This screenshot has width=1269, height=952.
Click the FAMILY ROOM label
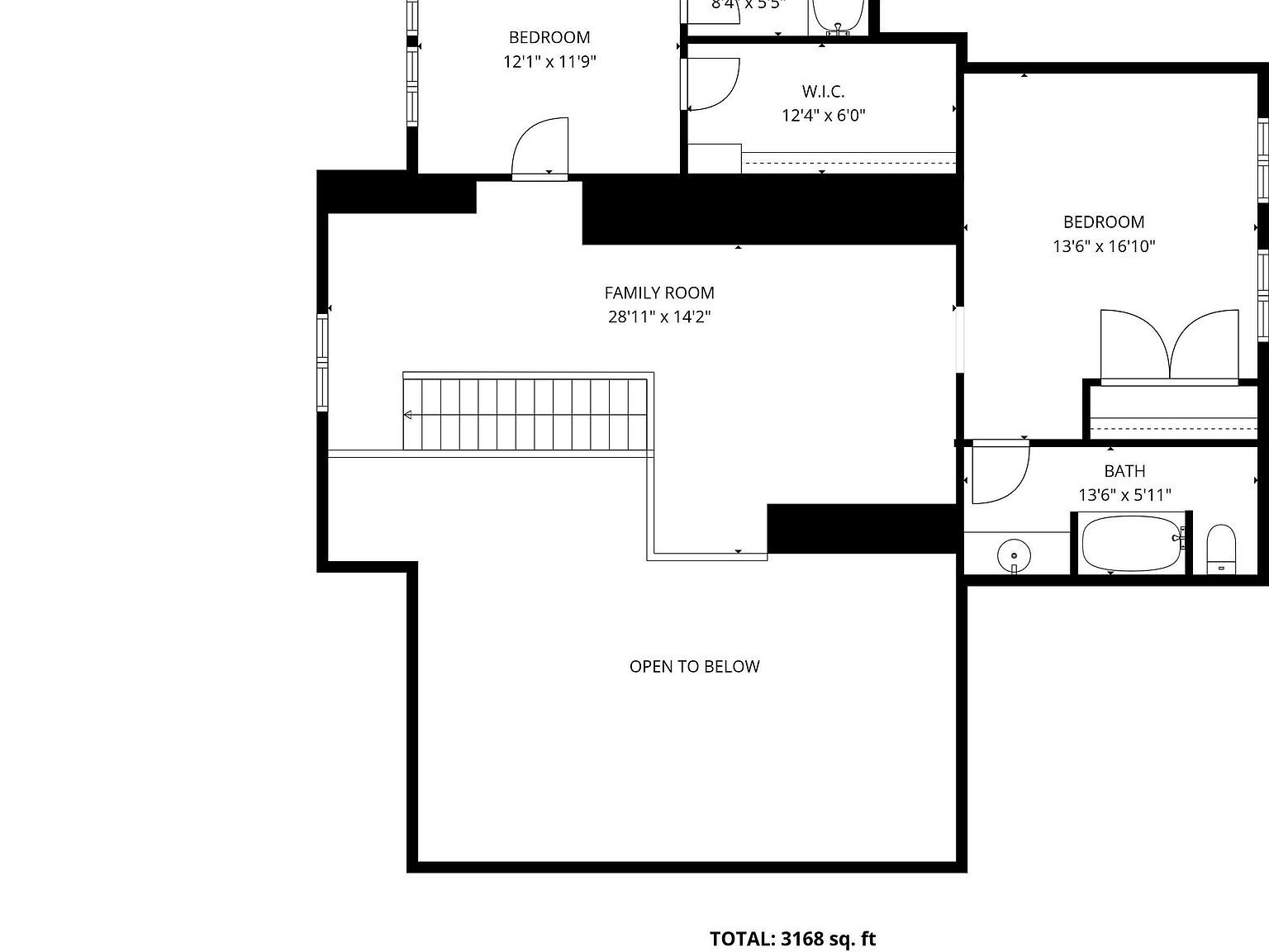[659, 293]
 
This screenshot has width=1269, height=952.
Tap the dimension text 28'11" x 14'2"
[659, 317]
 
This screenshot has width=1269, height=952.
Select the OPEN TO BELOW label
[694, 667]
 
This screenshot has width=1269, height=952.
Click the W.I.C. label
[823, 92]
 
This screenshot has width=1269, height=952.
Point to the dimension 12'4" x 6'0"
[823, 116]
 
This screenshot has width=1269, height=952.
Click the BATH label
[1124, 471]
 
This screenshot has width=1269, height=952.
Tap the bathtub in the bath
[1131, 543]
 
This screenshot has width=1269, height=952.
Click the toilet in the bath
[1220, 548]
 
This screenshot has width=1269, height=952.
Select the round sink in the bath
[1014, 553]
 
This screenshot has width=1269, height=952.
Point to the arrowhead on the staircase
[407, 415]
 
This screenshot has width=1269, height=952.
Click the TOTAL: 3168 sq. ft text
[792, 939]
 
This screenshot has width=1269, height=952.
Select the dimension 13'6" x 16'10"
[1103, 246]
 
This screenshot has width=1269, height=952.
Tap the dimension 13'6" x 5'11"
[1124, 495]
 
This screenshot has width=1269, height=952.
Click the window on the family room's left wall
[322, 362]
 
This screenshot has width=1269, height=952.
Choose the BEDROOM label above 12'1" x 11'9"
[549, 37]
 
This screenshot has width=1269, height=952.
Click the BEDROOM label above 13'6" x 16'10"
[1103, 221]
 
